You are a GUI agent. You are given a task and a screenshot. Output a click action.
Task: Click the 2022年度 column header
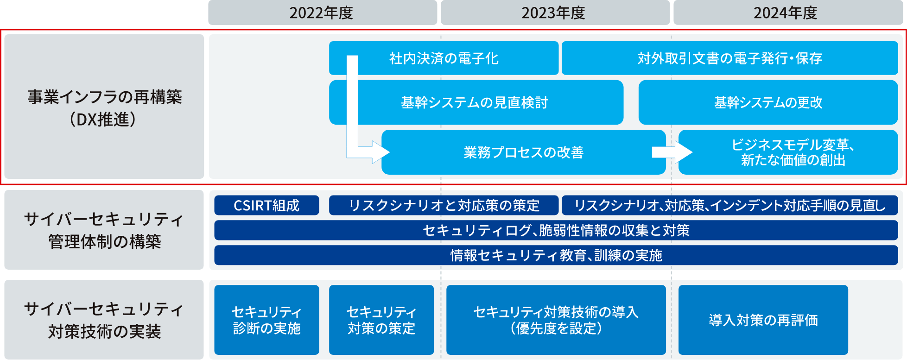(322, 13)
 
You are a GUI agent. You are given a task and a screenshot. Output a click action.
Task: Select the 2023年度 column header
(554, 13)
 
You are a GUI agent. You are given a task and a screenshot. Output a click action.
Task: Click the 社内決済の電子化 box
(444, 58)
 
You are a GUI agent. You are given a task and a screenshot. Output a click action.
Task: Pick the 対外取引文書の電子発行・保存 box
(729, 58)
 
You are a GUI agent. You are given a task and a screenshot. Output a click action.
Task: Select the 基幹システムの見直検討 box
(476, 102)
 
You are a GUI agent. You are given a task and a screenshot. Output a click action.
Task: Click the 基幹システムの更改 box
(768, 102)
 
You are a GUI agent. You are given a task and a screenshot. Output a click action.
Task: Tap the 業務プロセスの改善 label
(523, 152)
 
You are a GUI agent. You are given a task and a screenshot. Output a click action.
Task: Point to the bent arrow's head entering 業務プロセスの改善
(381, 152)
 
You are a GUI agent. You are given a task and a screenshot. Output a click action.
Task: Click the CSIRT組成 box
(266, 205)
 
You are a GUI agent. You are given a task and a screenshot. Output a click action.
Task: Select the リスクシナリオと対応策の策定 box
(444, 205)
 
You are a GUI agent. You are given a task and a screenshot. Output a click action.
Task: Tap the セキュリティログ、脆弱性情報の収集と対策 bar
(556, 230)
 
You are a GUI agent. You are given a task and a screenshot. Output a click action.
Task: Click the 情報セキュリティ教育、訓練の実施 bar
(556, 255)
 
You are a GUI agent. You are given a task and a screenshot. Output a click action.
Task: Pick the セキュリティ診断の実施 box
(266, 320)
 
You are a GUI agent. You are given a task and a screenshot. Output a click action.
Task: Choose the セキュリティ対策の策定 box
(381, 320)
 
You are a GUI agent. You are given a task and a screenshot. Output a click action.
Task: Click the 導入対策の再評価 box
(763, 320)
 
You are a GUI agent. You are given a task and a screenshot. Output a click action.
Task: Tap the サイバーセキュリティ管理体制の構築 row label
(104, 230)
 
